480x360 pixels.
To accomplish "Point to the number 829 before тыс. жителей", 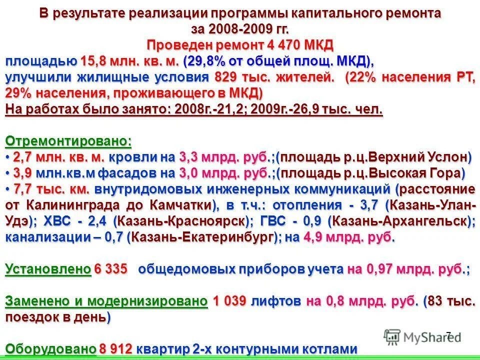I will [x=226, y=78].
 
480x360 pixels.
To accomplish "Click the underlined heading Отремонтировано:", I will [x=68, y=141].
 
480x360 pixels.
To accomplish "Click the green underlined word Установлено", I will [x=48, y=269].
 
